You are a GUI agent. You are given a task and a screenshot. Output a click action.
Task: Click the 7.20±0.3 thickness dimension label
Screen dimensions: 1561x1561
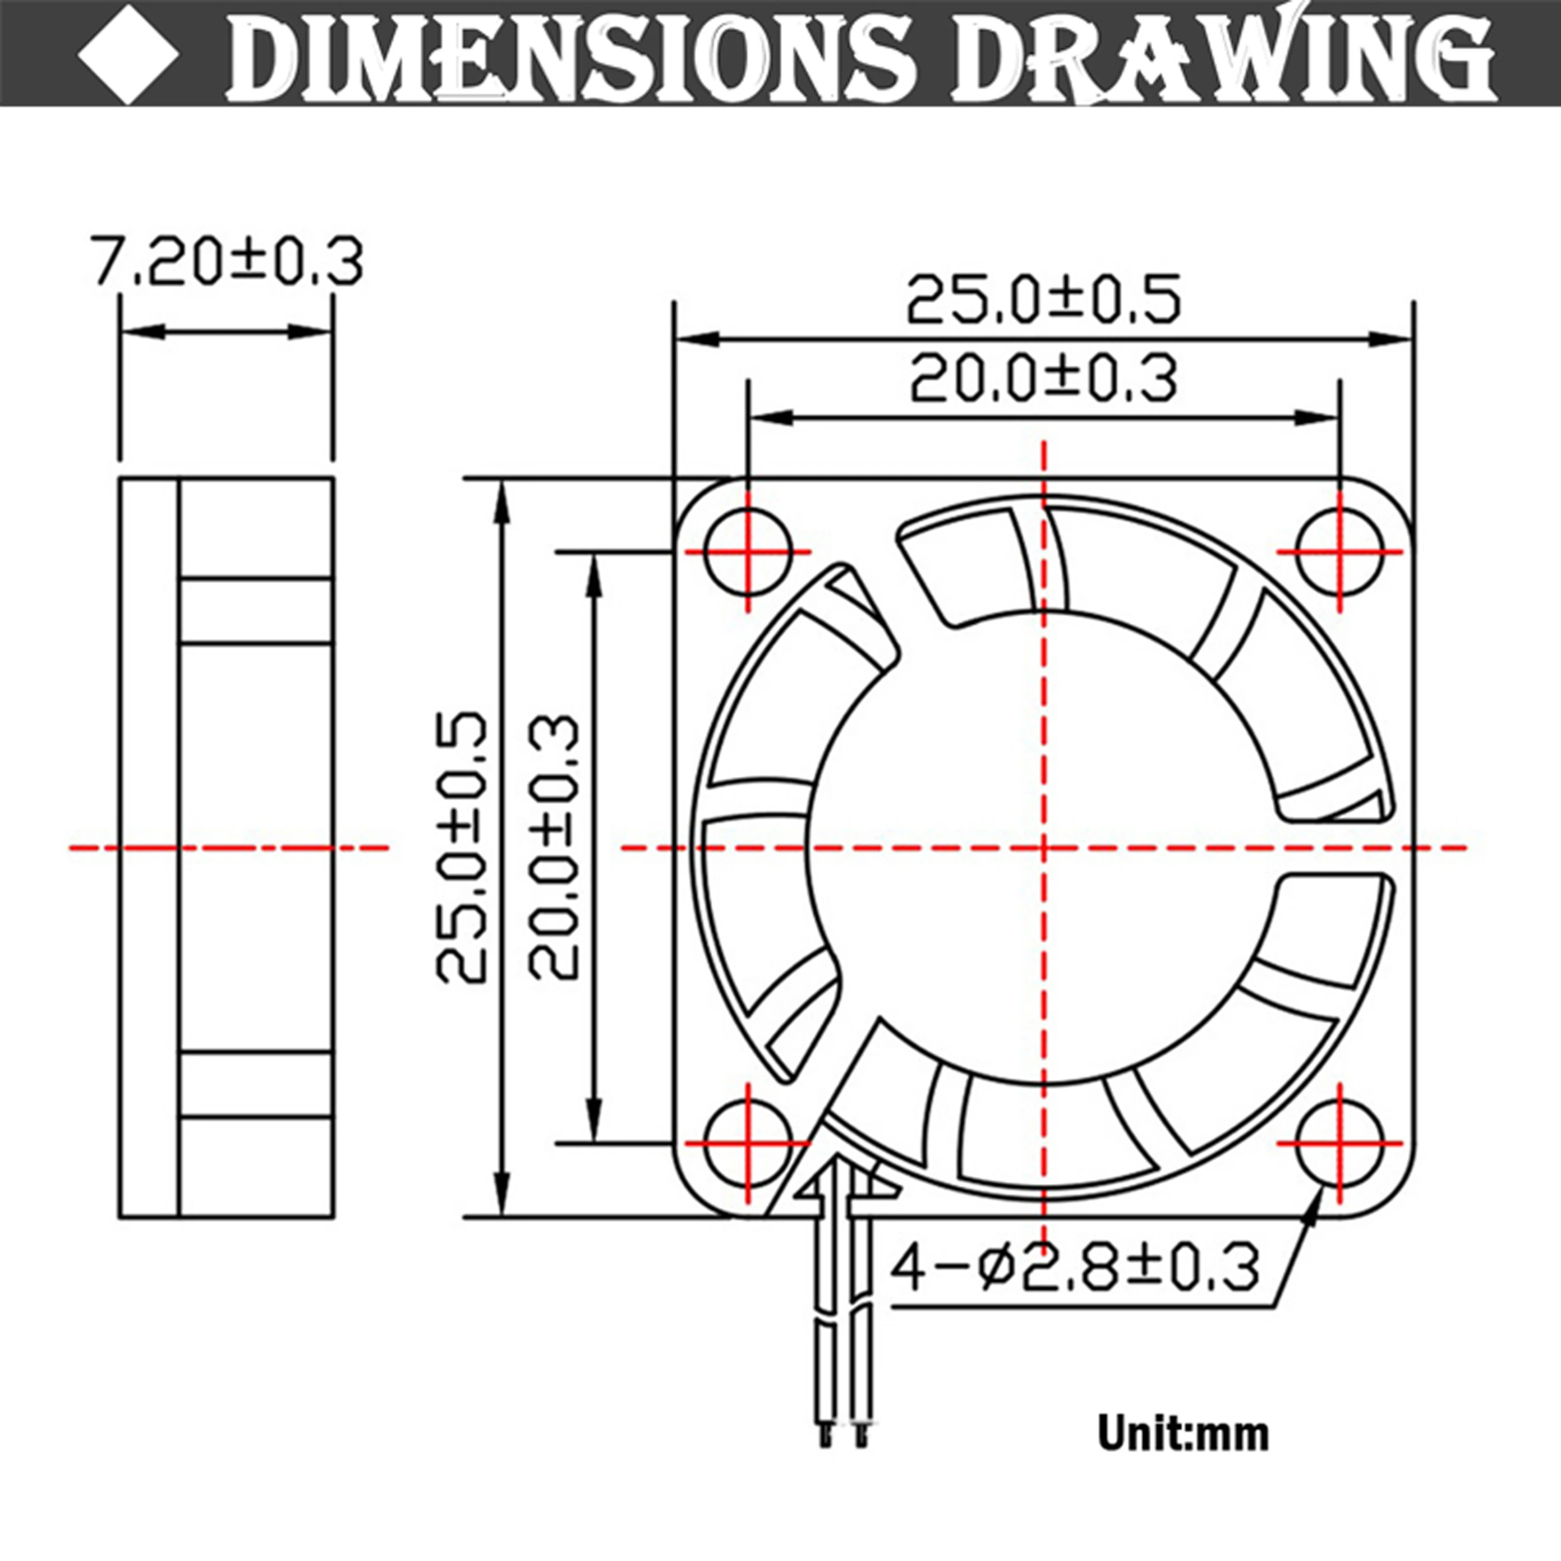click(225, 260)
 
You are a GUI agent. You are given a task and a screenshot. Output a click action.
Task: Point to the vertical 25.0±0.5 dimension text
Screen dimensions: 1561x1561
click(462, 847)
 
